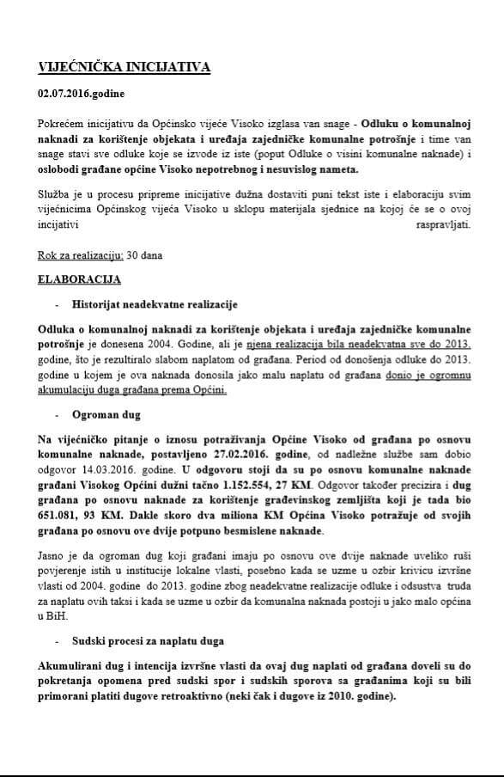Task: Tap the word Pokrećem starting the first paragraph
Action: point(63,125)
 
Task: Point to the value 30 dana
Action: point(144,256)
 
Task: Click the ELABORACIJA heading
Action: point(79,280)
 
